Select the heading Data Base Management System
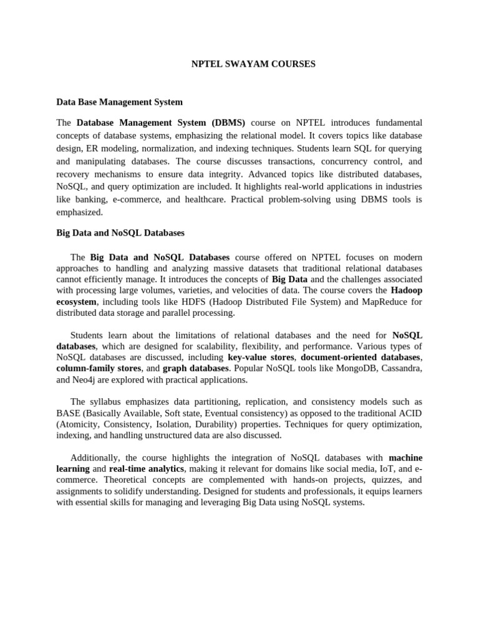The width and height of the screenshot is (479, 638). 119,102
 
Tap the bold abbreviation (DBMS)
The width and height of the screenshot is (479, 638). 228,122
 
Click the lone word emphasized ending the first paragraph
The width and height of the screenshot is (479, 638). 79,212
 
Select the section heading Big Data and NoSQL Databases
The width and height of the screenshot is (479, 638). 120,233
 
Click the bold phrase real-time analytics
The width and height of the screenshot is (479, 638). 147,469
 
